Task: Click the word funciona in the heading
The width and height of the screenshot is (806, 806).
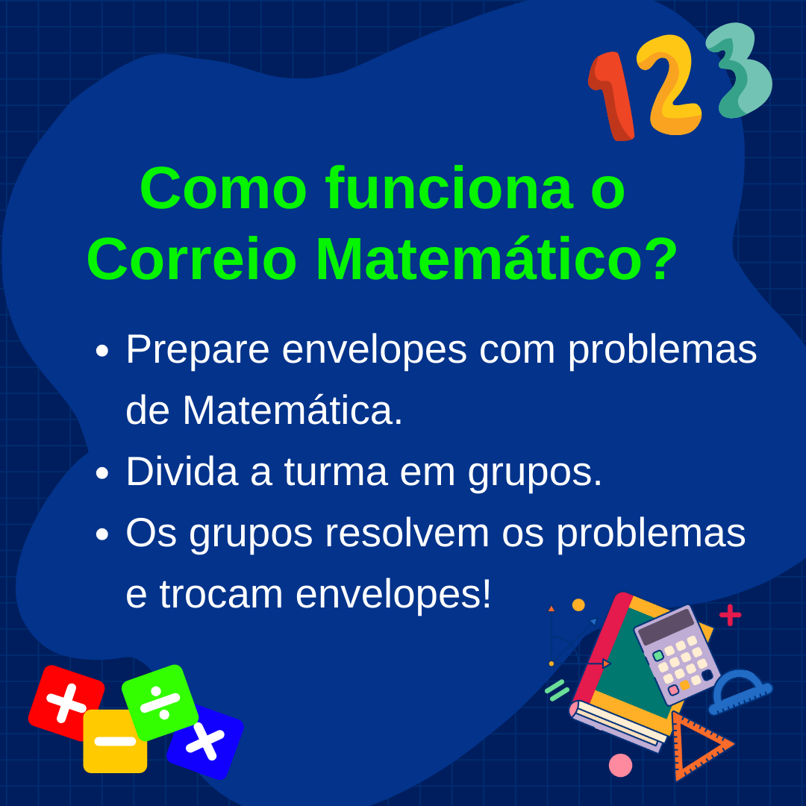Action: pyautogui.click(x=449, y=188)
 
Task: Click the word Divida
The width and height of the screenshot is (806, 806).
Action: pyautogui.click(x=182, y=471)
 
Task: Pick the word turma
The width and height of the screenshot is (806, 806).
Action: pyautogui.click(x=335, y=472)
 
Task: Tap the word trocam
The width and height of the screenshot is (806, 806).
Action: pyautogui.click(x=221, y=595)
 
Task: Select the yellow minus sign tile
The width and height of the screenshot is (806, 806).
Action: pyautogui.click(x=115, y=741)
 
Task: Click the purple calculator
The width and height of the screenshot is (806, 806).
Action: pyautogui.click(x=677, y=656)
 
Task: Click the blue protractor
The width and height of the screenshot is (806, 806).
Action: pyautogui.click(x=739, y=691)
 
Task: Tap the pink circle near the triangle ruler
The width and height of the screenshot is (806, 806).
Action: pyautogui.click(x=620, y=766)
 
